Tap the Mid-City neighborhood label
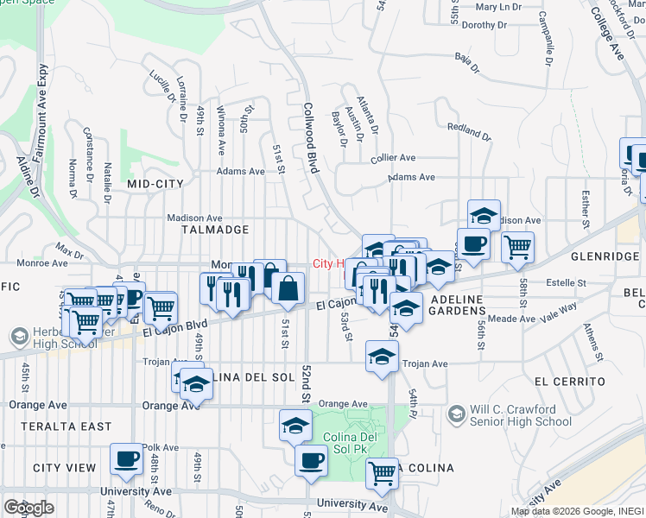[x=155, y=184]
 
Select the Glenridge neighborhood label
[x=603, y=256]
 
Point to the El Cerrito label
[x=569, y=381]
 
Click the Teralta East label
[x=60, y=426]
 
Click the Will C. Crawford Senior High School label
[x=521, y=415]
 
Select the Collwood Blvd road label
[x=308, y=139]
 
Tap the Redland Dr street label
[x=469, y=131]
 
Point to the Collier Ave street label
[x=393, y=159]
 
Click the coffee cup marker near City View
[x=126, y=458]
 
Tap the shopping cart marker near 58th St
[x=517, y=247]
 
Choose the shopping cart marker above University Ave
[x=382, y=472]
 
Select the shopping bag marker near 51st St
[x=288, y=288]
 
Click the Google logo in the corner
[x=28, y=508]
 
